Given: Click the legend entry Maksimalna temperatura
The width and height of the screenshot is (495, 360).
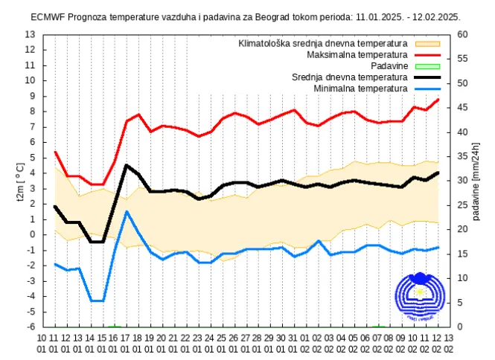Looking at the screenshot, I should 357,54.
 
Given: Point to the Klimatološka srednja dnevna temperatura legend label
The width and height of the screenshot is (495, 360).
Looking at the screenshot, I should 322,43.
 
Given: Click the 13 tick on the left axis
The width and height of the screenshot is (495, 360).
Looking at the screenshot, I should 30,34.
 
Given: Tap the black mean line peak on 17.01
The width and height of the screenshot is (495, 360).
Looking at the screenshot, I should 127,165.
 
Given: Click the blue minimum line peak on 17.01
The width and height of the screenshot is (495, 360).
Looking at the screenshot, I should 127,211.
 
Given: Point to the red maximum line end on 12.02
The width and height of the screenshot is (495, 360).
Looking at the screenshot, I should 438,99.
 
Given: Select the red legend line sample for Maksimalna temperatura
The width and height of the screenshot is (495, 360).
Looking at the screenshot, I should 426,54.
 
